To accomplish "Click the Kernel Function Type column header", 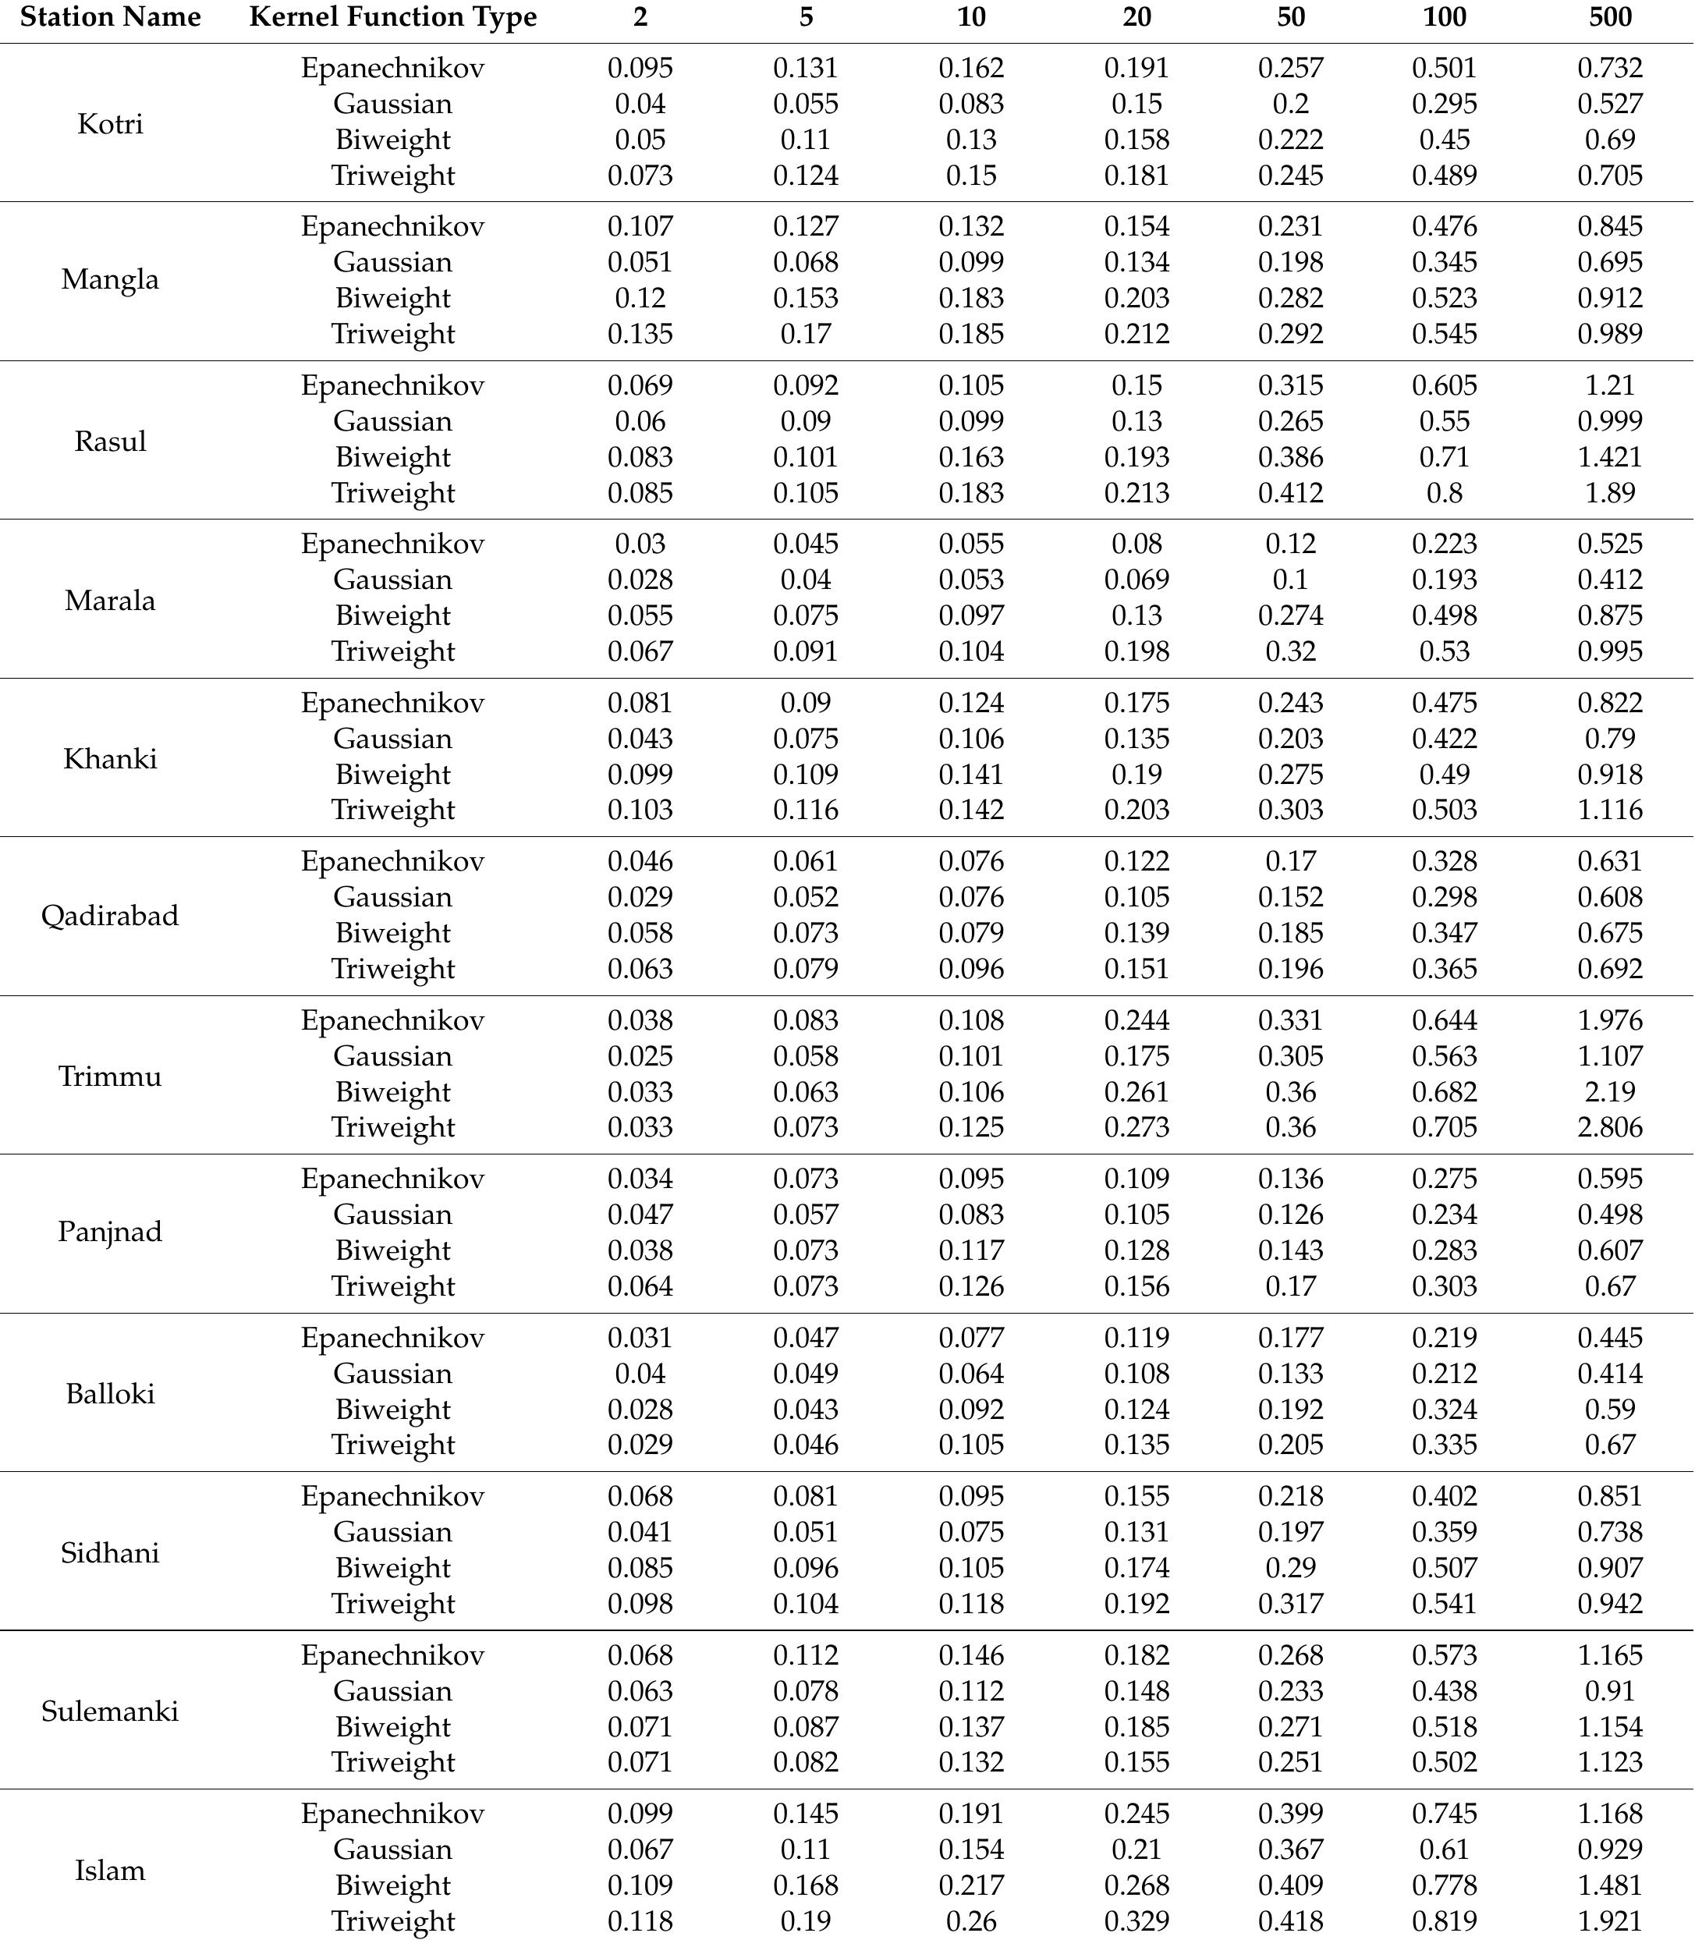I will point(392,17).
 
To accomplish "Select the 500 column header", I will point(1610,17).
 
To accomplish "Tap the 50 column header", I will point(1290,17).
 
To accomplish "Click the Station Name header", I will point(110,17).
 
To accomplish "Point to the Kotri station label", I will point(110,123).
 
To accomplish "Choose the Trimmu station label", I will point(110,1076).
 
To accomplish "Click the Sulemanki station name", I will point(110,1710).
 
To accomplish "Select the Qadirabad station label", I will point(110,915).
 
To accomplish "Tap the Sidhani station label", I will point(110,1552).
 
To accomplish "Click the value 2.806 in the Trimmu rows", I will point(1610,1126).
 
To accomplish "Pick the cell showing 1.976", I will point(1610,1020).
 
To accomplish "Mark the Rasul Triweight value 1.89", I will point(1610,492).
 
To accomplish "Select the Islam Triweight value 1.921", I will point(1610,1920).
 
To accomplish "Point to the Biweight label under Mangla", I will point(392,298).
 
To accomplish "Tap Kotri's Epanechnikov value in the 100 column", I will point(1445,68).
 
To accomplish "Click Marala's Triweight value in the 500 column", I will point(1610,651).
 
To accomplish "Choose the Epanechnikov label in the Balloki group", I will point(392,1338).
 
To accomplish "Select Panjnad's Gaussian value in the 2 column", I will point(640,1215).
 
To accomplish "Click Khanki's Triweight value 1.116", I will point(1610,810).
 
